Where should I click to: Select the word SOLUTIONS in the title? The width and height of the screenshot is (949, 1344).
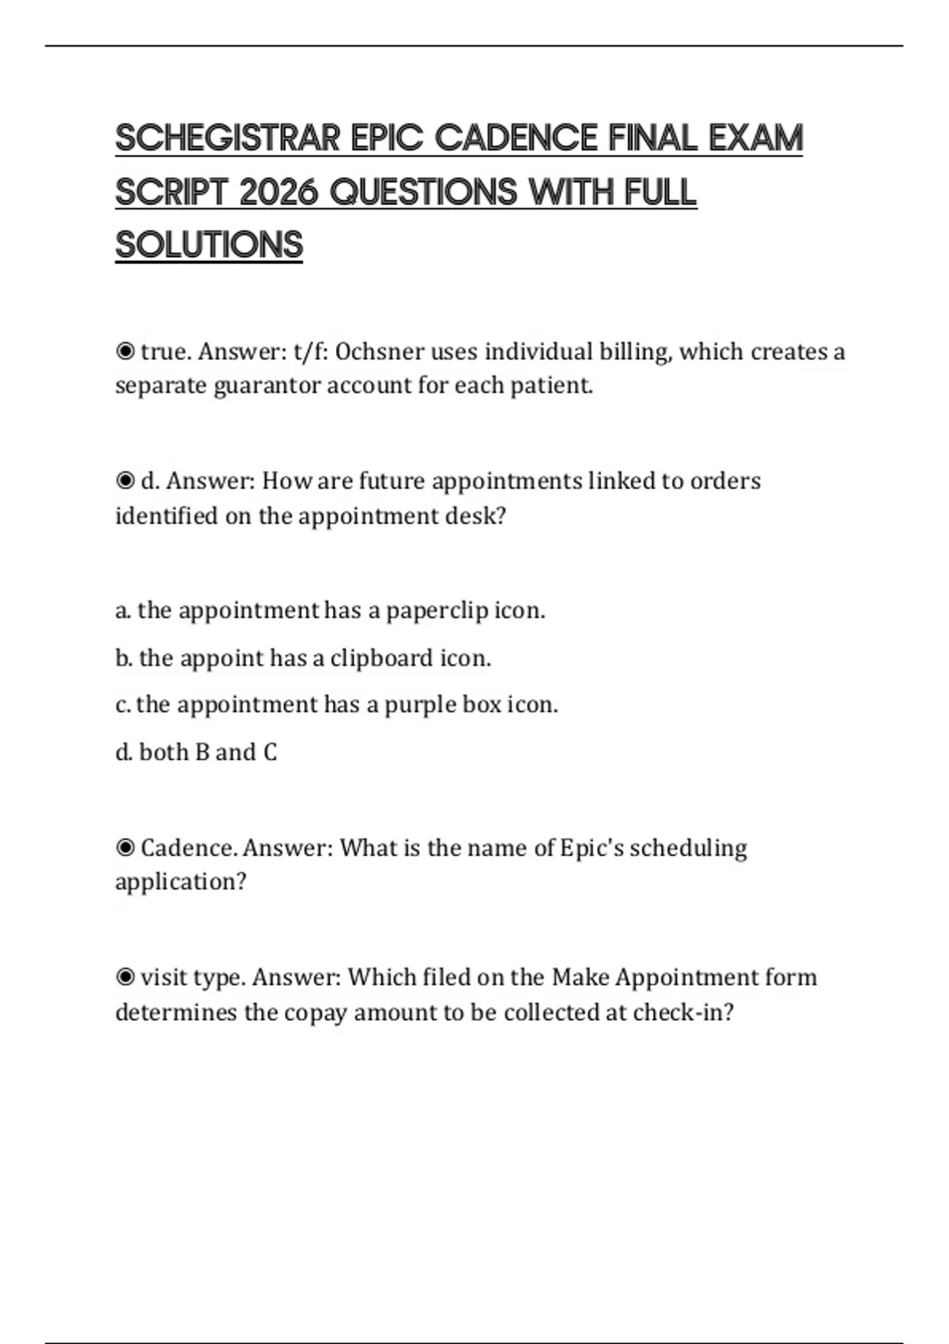209,245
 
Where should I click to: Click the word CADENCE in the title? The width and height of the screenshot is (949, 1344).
516,138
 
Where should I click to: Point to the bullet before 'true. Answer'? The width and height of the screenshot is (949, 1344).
125,351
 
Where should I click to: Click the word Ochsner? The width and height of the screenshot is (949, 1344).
379,351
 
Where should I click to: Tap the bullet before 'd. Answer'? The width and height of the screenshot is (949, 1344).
125,481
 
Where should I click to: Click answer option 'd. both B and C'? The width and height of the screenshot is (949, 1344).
196,752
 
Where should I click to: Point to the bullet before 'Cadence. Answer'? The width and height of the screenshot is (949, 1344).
125,848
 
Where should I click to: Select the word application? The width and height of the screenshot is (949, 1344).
181,882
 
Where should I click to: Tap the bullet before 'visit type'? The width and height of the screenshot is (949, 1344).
125,977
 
